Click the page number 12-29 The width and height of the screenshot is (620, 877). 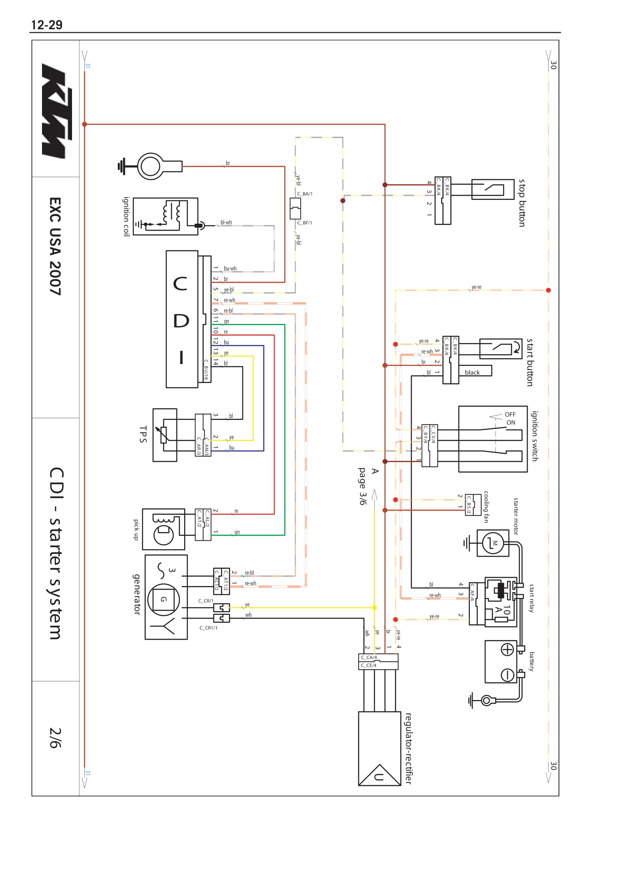(47, 25)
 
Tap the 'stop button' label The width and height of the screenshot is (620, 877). (522, 203)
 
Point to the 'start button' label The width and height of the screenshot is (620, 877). (530, 362)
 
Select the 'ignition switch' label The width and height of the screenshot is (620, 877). (534, 436)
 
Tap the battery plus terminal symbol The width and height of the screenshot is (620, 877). (507, 649)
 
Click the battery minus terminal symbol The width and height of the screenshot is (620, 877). (507, 675)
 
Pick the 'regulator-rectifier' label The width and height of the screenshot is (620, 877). (408, 748)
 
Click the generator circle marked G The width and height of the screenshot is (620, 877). (164, 599)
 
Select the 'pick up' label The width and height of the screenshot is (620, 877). (136, 529)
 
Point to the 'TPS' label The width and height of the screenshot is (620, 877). (143, 434)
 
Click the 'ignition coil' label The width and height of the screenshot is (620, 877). (126, 217)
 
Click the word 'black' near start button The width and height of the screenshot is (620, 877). (472, 372)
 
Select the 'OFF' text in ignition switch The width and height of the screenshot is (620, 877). (510, 414)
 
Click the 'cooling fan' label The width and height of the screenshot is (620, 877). (486, 507)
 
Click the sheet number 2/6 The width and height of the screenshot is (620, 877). (55, 737)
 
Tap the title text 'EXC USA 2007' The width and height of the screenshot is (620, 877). (55, 246)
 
